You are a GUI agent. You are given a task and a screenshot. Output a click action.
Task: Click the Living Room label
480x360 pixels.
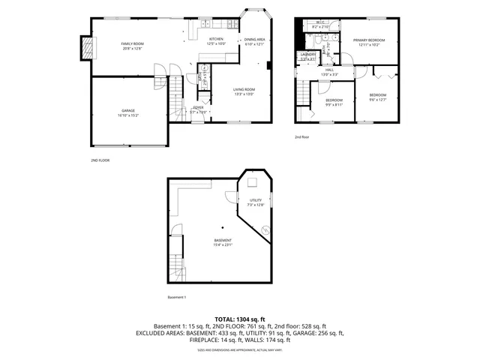coord(244,91)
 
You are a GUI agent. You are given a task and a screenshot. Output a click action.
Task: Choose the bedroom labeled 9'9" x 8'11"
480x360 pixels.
coord(334,102)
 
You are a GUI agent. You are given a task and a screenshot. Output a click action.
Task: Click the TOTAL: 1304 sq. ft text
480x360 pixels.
coord(240,319)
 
